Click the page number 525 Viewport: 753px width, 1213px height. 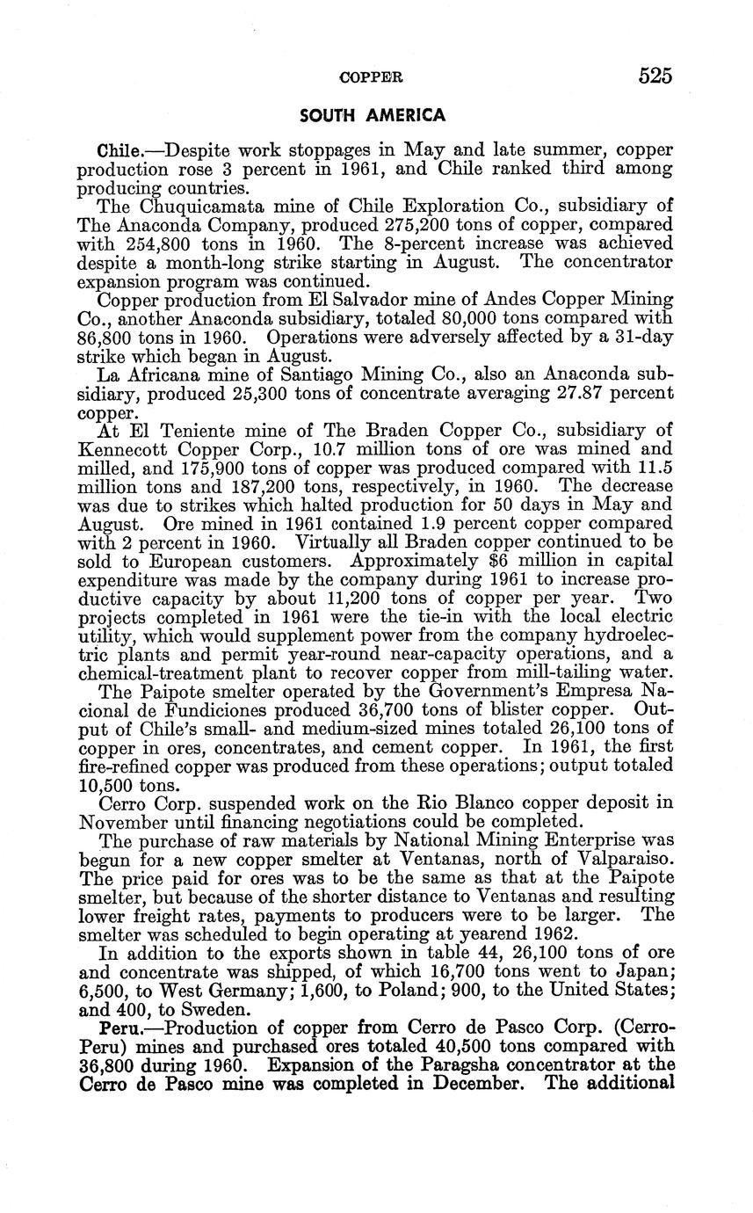coord(655,76)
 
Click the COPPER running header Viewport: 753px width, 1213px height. coord(371,77)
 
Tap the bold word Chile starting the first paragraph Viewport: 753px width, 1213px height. coord(119,147)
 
